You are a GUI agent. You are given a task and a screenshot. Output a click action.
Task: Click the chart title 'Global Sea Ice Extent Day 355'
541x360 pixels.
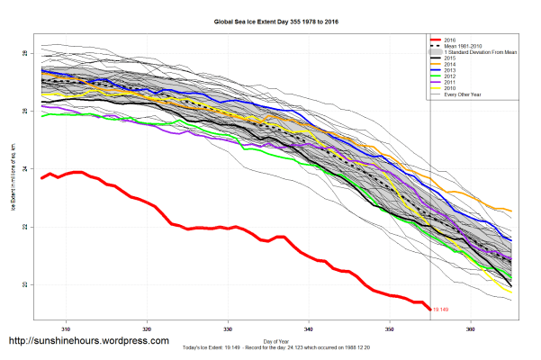269,20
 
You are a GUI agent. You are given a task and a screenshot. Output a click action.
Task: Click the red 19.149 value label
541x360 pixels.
440,310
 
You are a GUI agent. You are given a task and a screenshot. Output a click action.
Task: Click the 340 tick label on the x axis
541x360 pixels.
309,329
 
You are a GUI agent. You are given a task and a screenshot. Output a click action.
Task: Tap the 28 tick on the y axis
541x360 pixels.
25,54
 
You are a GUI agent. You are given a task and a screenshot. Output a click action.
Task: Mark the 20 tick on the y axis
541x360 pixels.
25,285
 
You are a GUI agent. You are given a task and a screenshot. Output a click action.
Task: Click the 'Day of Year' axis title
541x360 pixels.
269,340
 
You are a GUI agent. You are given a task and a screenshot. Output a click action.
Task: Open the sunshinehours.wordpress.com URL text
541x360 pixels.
88,342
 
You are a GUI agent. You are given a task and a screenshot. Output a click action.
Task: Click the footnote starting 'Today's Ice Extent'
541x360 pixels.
270,347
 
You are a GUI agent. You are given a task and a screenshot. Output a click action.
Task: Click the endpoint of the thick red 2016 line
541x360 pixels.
429,310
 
